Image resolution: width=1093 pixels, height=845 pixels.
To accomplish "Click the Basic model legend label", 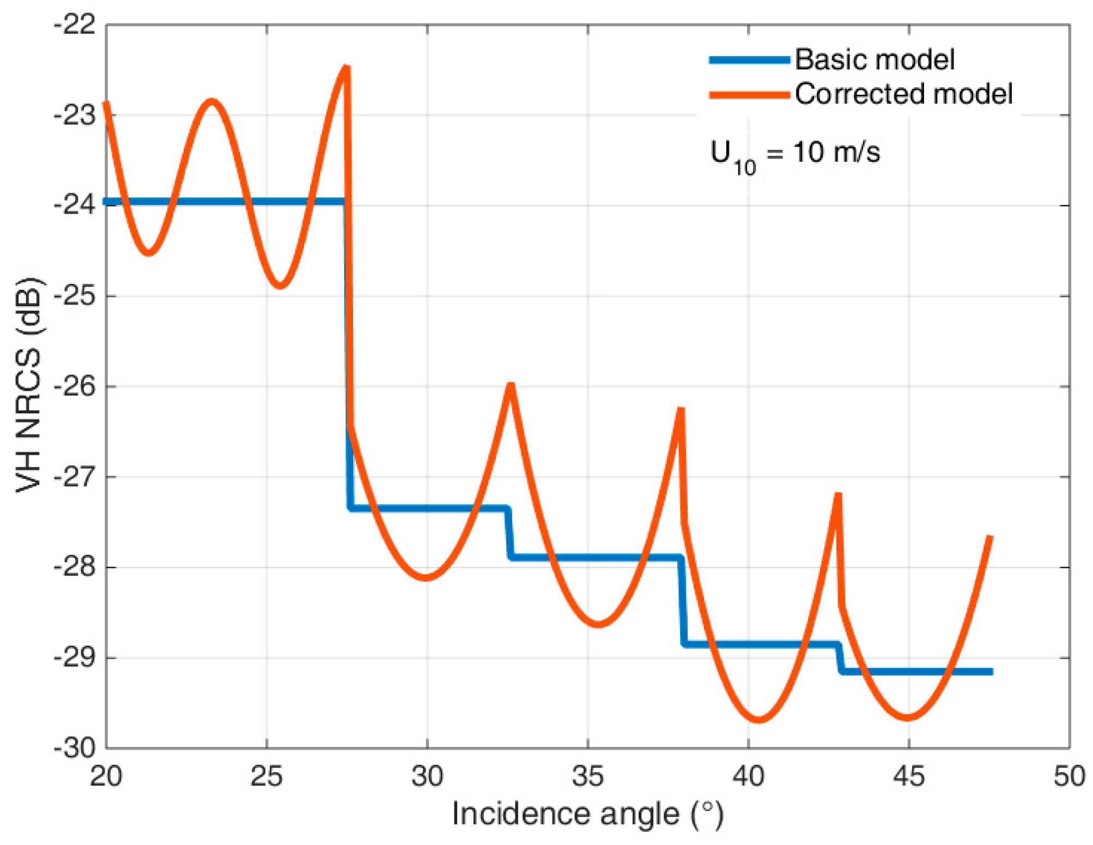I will click(874, 59).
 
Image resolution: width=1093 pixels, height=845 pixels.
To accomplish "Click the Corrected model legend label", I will click(903, 94).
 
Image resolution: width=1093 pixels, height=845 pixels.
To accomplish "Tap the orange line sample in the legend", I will click(749, 95).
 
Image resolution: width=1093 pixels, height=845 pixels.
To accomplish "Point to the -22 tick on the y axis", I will click(75, 25).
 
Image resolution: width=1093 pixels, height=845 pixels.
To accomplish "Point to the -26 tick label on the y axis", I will click(75, 386).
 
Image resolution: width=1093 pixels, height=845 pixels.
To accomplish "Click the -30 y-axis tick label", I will click(75, 748).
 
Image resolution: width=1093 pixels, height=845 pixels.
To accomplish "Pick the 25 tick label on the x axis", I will click(266, 776).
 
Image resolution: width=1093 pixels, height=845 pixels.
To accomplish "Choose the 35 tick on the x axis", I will click(588, 776).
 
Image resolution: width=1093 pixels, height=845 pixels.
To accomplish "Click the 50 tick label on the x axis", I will click(1069, 776).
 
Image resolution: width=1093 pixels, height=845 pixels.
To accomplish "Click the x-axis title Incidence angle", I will click(587, 814).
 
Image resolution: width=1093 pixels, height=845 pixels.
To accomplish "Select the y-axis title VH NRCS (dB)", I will click(28, 385).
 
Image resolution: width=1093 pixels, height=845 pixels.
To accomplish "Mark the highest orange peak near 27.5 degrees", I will click(346, 68).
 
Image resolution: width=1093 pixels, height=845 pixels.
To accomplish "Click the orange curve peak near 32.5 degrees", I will click(511, 385).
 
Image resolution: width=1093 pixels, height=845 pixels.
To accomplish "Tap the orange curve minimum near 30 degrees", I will click(427, 577).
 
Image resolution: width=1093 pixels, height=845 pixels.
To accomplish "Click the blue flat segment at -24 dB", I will click(223, 202).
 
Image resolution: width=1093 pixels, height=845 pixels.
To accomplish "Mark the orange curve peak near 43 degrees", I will click(838, 495).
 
